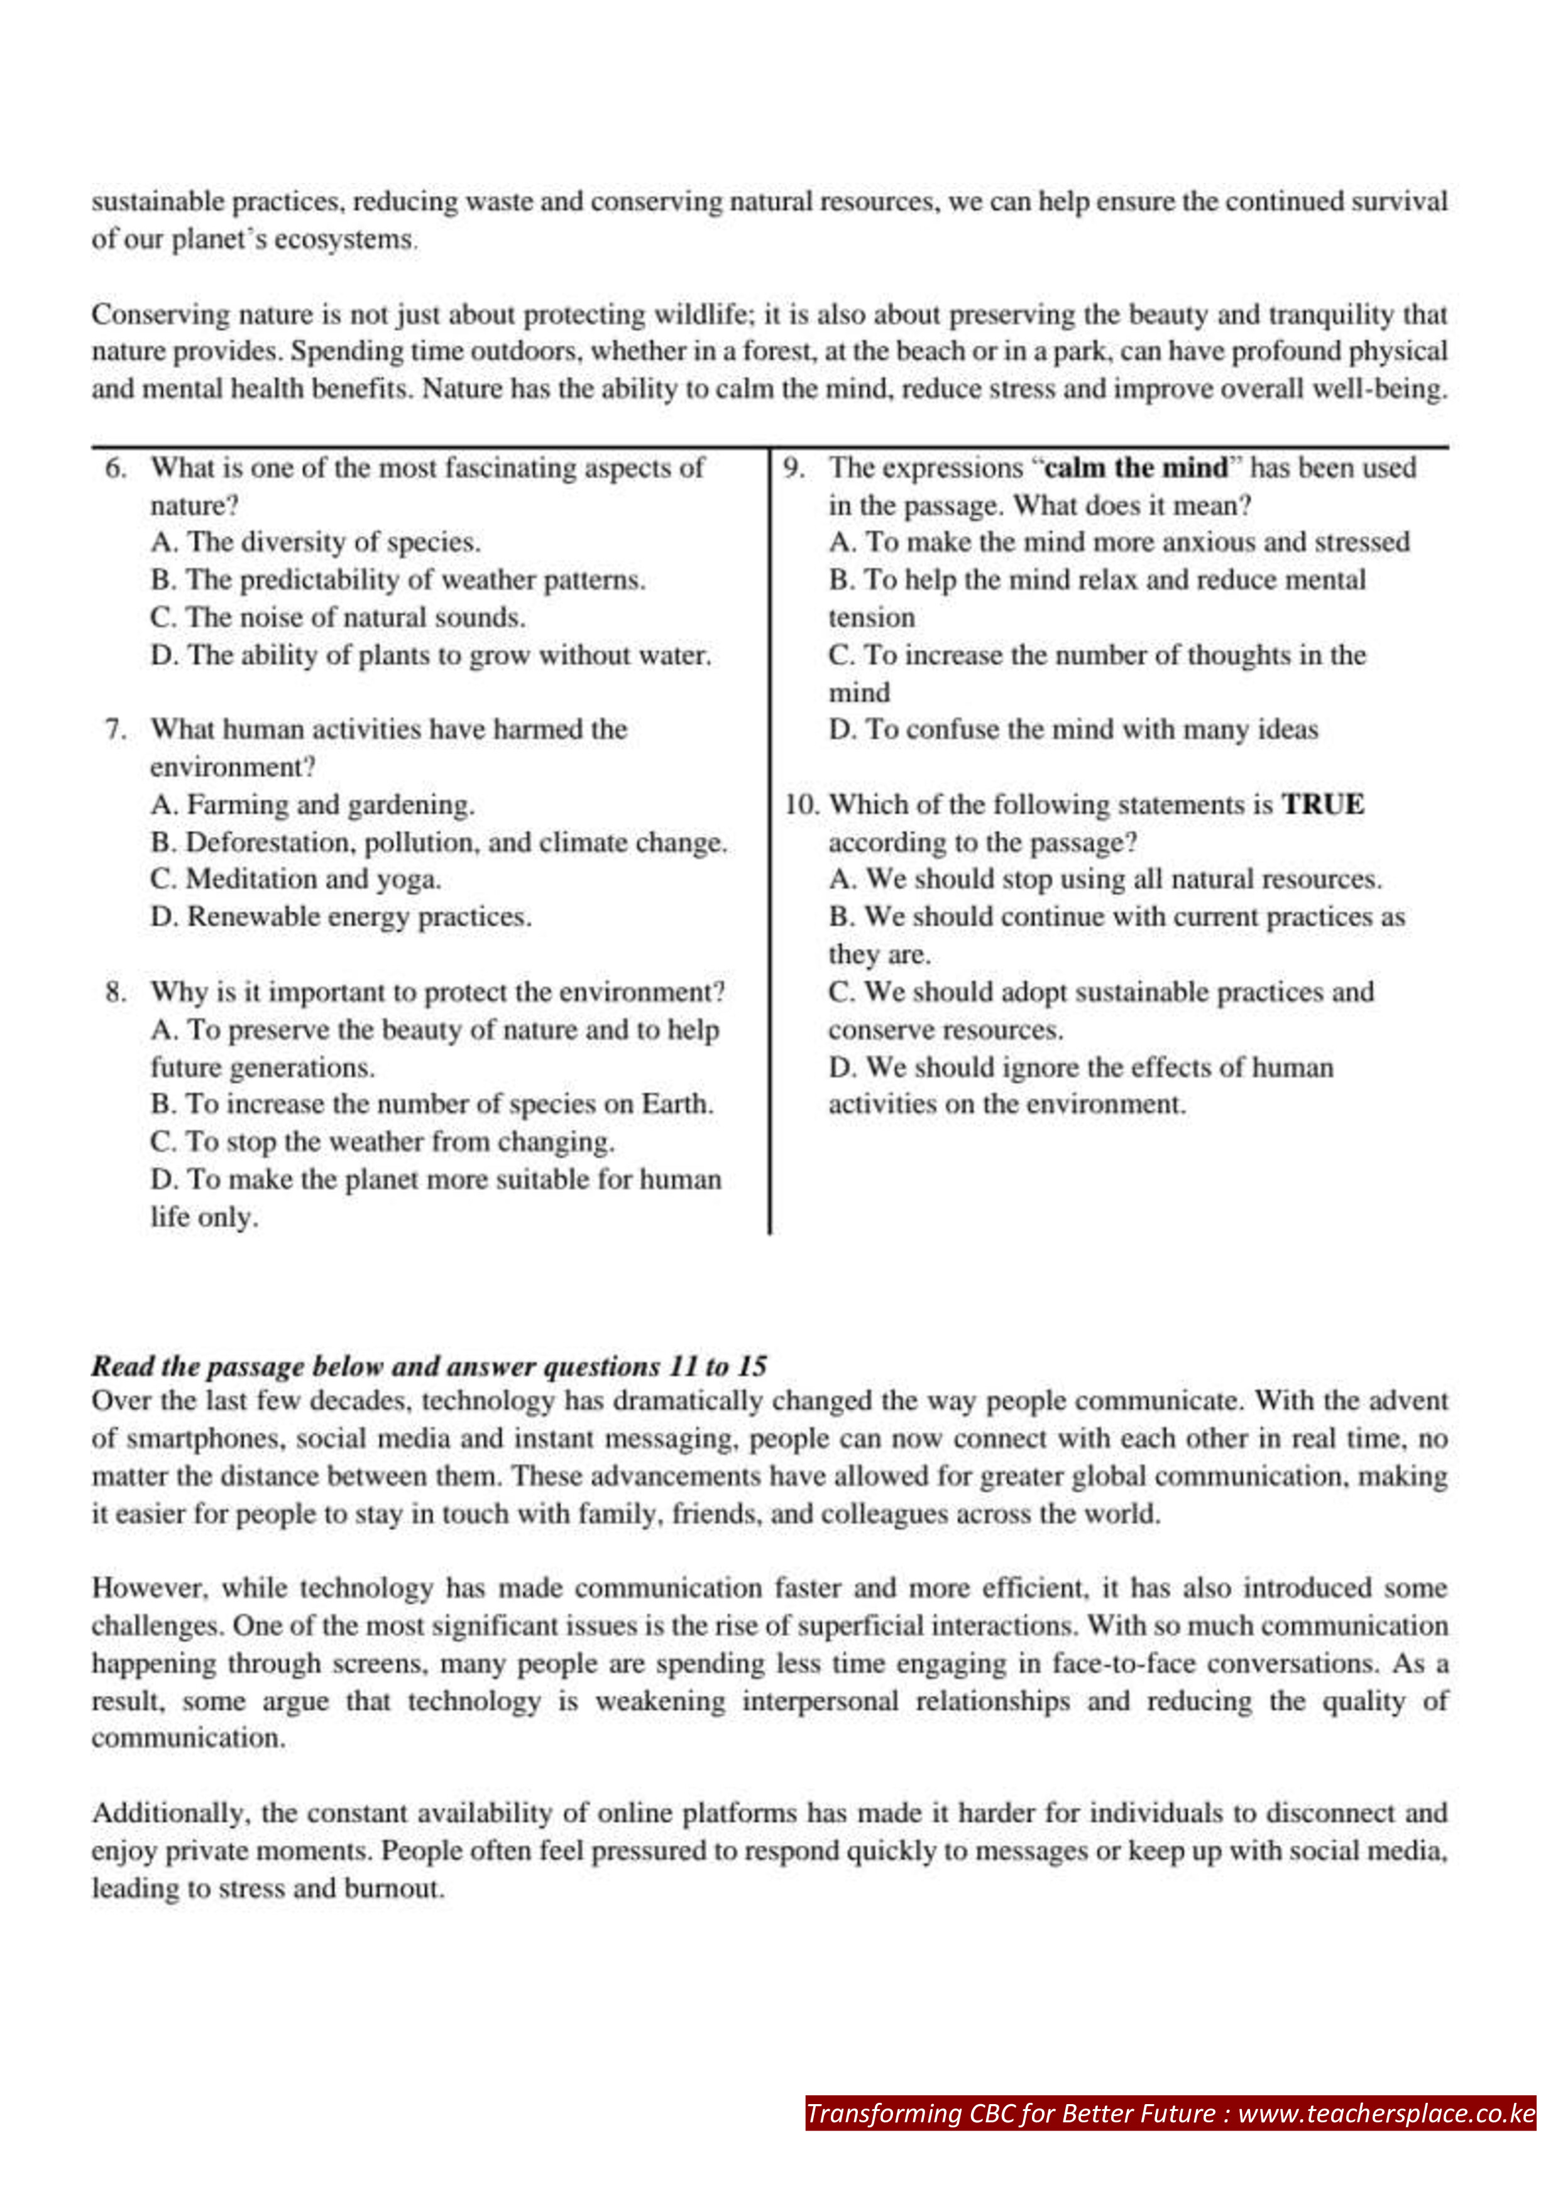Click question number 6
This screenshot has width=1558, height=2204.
point(115,469)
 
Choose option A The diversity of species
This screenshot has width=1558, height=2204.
point(315,542)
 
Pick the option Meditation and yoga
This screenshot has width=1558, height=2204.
point(295,880)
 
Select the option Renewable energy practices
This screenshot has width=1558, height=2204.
point(340,917)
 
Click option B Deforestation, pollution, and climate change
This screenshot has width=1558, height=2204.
point(439,842)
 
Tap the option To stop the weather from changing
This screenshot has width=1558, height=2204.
point(382,1142)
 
